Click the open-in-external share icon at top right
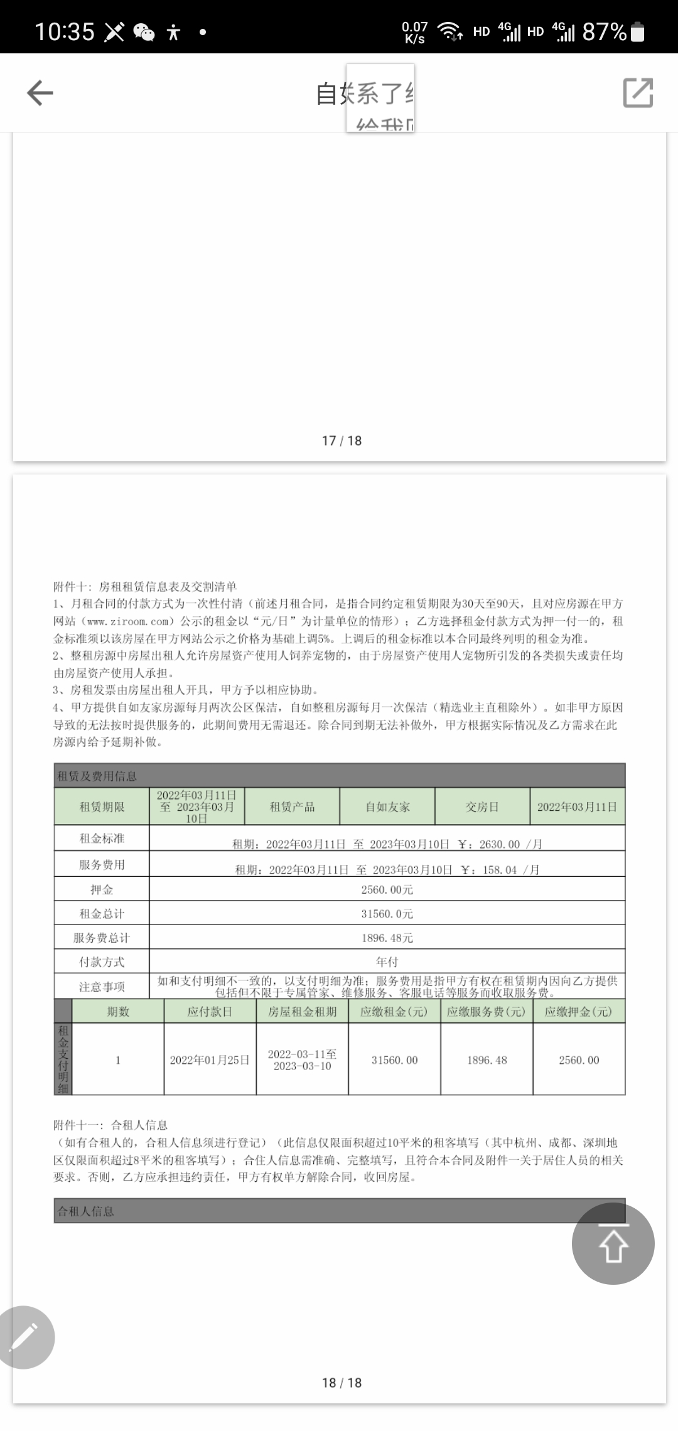(638, 93)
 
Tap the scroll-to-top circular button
(613, 1243)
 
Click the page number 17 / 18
(342, 441)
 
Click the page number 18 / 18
(342, 1383)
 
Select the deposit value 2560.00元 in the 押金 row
(387, 889)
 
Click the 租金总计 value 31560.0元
(387, 914)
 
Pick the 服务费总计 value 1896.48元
(387, 938)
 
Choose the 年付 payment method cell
(387, 962)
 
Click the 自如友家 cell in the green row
(387, 807)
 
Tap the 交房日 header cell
(482, 807)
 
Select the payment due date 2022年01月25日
(210, 1060)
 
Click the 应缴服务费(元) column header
(487, 1011)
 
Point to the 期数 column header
(118, 1011)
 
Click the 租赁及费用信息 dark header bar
(339, 776)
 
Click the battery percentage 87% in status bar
(604, 31)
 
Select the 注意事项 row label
(102, 987)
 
